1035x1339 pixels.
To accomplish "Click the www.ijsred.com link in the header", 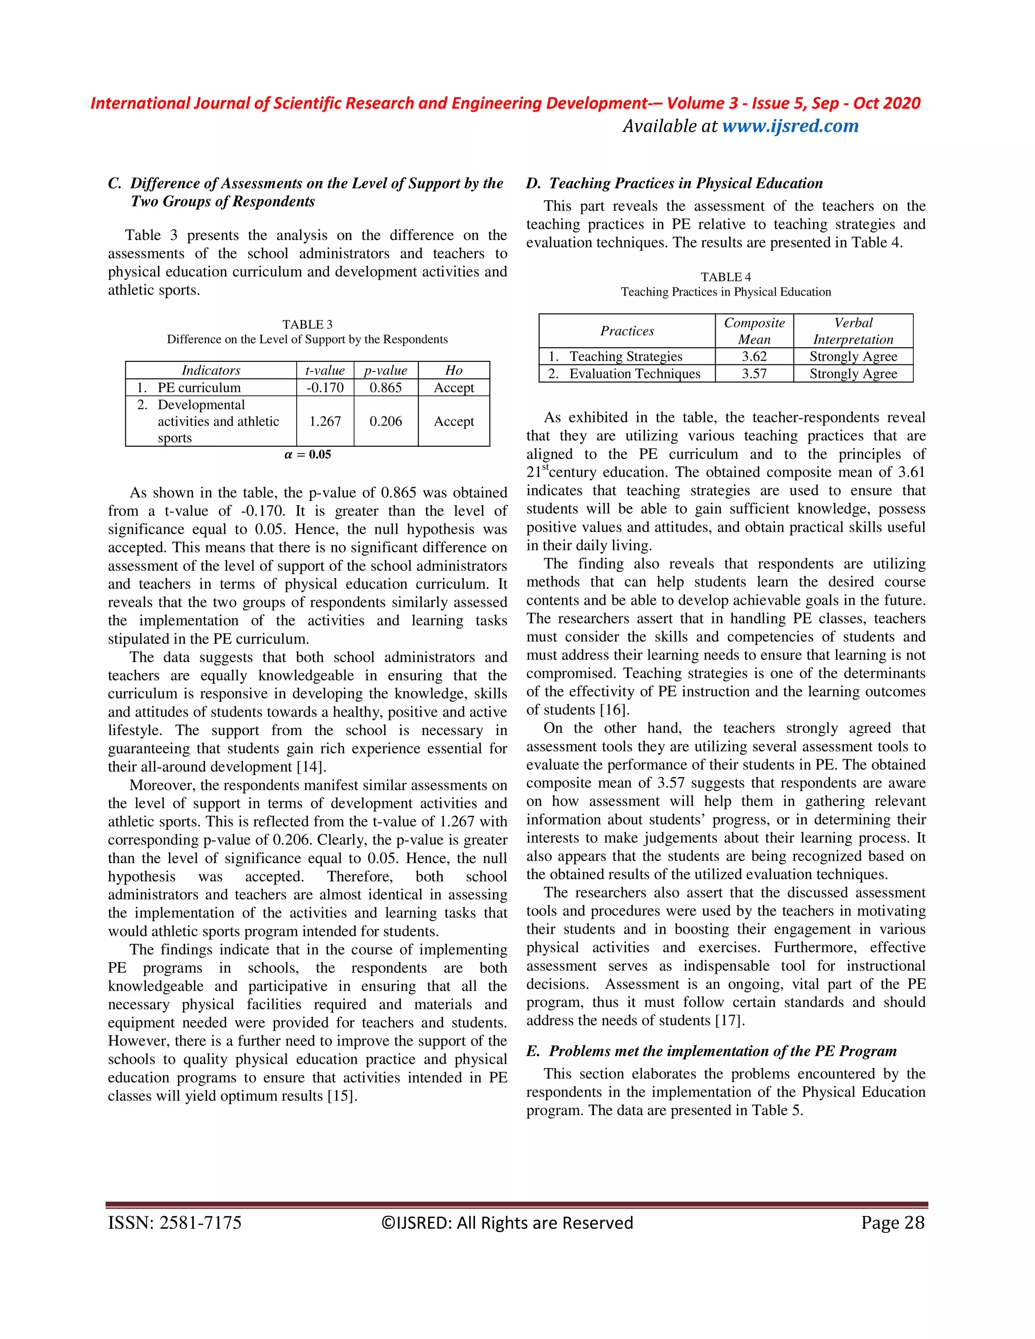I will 790,126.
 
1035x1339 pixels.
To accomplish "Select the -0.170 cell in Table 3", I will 325,388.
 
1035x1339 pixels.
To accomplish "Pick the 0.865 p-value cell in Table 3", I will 386,388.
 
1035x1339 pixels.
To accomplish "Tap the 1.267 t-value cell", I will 325,421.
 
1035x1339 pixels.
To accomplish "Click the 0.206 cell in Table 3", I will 386,421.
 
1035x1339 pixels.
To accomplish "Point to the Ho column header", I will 454,370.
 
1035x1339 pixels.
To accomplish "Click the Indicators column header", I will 211,370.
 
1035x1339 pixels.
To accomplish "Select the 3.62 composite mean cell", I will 754,356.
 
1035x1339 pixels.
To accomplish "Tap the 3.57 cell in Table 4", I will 754,373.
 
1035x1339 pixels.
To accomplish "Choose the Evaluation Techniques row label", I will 634,373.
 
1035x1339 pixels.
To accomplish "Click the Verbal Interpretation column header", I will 853,331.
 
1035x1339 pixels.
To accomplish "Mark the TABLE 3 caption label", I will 307,324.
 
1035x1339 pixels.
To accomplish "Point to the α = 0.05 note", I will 308,454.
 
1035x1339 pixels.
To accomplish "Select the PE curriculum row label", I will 199,388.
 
